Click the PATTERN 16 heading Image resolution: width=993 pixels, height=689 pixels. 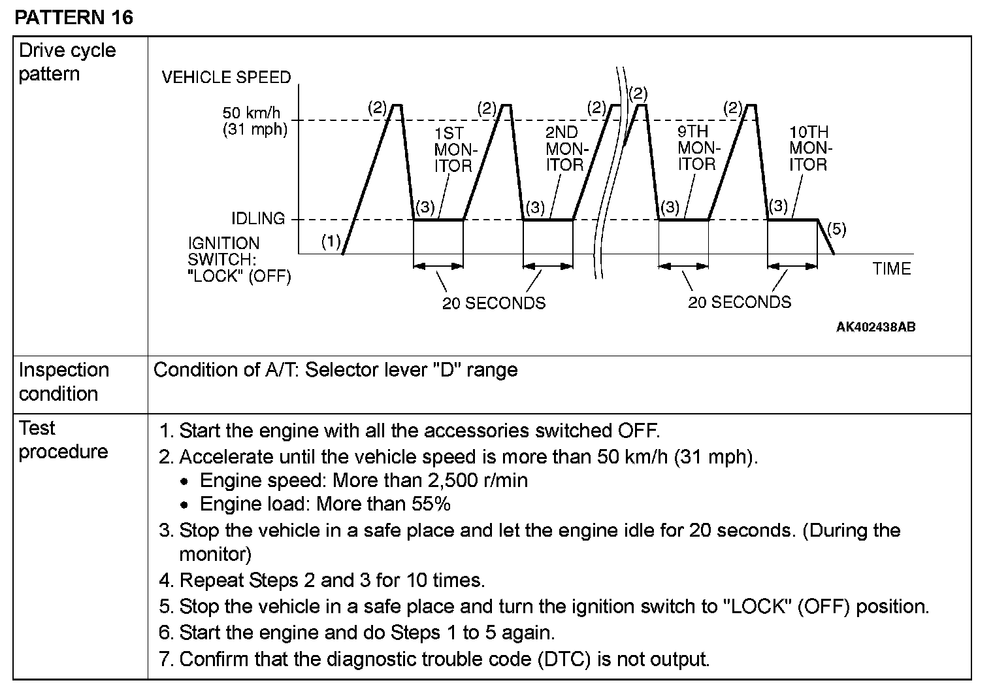coord(73,17)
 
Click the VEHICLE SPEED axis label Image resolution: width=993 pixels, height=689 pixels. coord(226,77)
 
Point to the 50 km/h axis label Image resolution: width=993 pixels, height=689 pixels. coord(251,112)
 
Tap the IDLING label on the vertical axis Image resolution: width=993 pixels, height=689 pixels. coord(258,218)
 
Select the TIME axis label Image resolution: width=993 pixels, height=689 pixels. coord(891,269)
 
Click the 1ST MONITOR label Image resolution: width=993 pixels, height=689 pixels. coord(453,150)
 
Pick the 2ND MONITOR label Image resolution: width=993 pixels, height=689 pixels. coord(564,148)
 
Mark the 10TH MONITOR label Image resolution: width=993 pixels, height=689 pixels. coord(808,148)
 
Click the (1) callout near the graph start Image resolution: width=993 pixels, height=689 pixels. coord(331,242)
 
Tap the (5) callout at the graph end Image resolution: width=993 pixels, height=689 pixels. coord(836,229)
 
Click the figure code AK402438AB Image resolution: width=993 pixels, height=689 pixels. coord(875,327)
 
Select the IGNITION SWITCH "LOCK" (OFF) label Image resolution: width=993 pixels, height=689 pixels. coord(239,260)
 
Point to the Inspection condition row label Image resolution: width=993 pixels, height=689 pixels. coord(63,382)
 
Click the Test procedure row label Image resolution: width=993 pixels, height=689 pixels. coord(63,440)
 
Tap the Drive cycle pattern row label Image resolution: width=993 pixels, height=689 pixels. coord(67,62)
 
